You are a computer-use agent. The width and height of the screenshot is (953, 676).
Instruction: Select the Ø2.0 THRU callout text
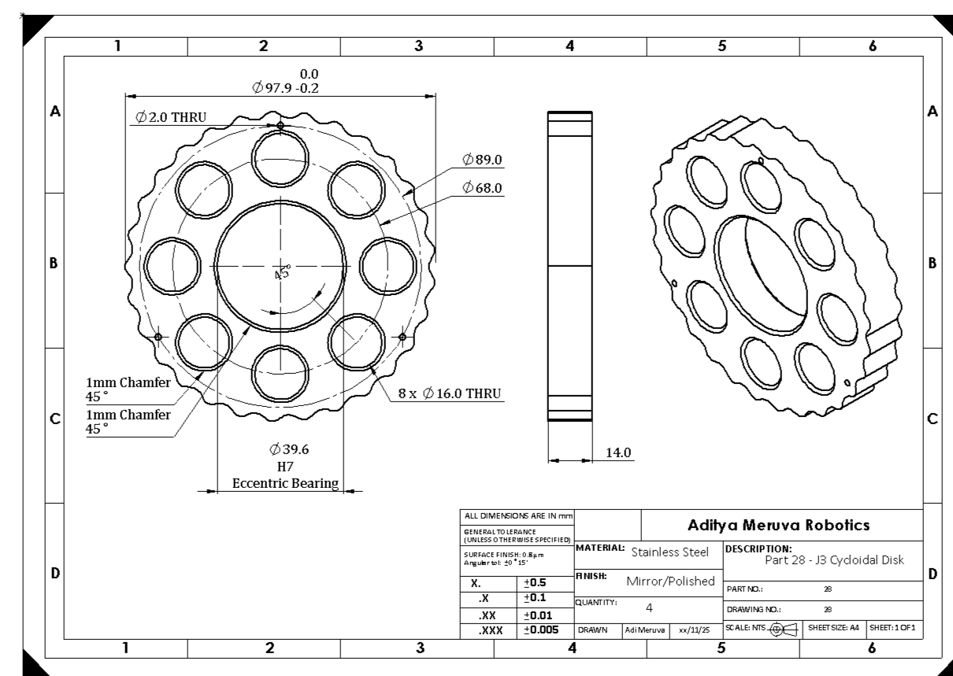(170, 117)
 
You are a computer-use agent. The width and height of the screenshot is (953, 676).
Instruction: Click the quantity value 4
(649, 608)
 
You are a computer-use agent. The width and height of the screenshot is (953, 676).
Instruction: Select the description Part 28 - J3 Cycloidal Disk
(834, 560)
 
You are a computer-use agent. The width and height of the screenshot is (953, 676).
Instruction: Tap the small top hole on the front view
(280, 125)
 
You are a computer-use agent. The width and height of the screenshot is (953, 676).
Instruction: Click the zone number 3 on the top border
(417, 46)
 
